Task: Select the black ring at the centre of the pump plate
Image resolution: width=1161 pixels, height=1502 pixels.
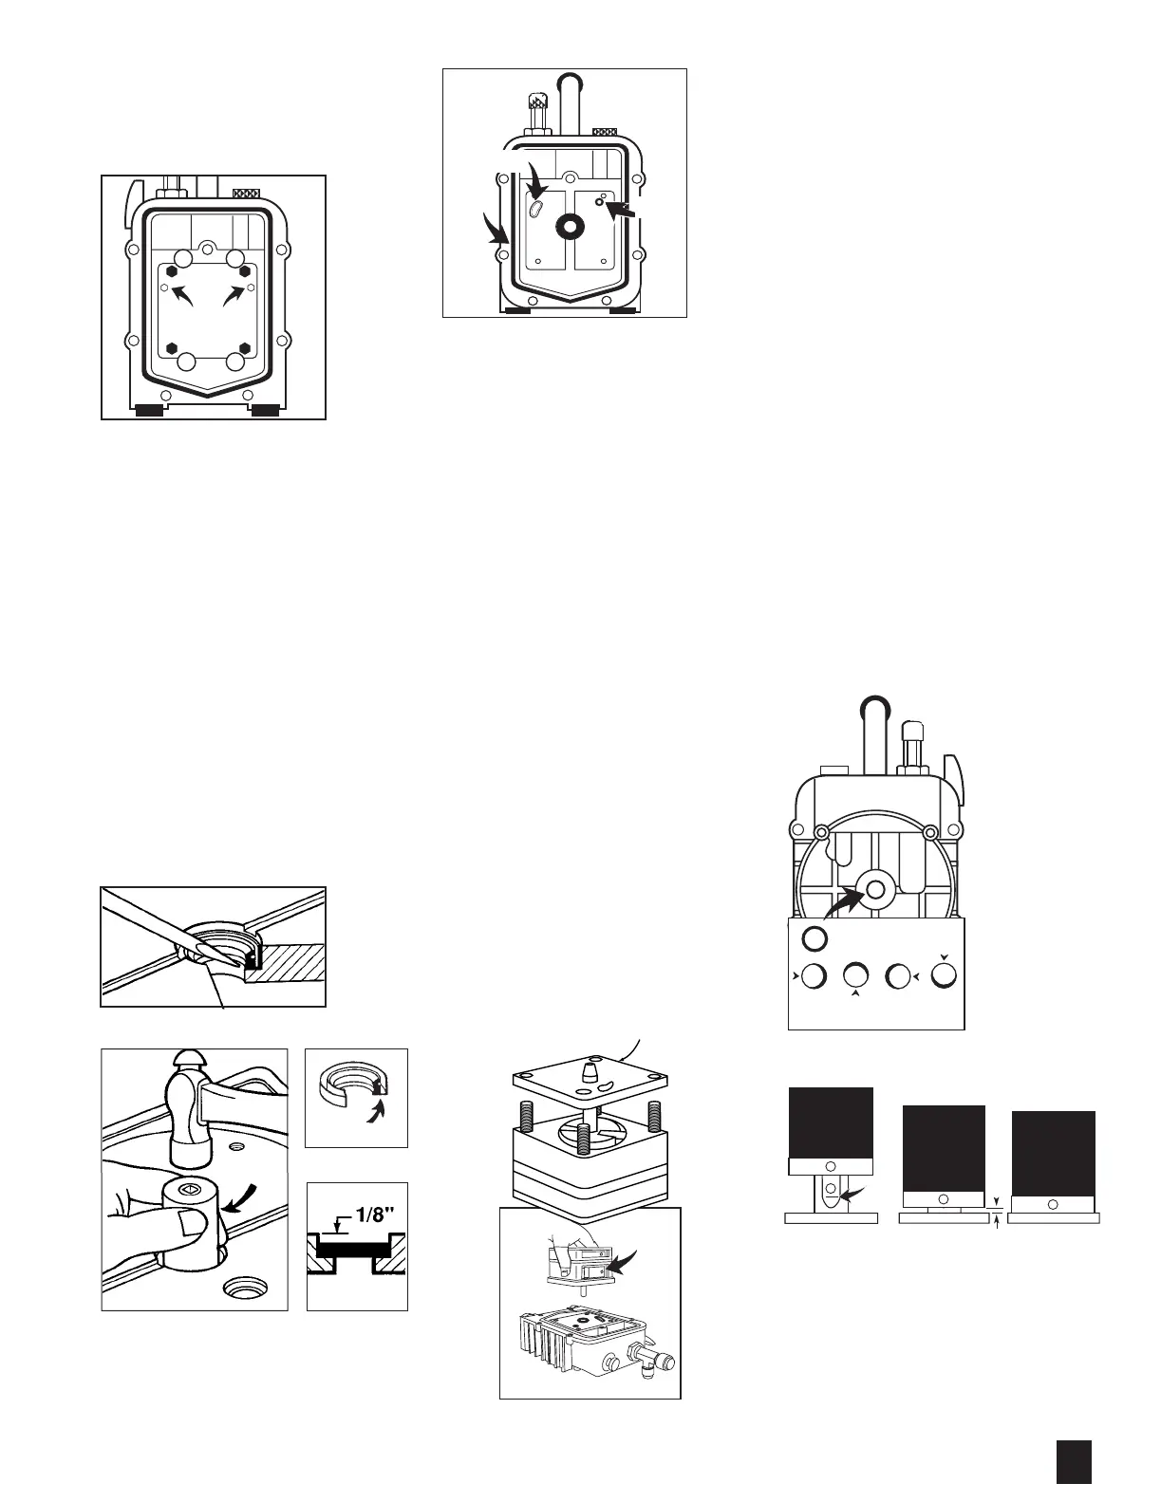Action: [571, 225]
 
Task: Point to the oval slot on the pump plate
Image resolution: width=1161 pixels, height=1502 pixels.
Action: [537, 207]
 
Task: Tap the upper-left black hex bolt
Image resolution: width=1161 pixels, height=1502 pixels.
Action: [173, 269]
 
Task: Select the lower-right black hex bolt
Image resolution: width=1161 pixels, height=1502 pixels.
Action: [245, 348]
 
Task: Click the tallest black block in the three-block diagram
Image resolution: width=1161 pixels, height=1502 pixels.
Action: [831, 1123]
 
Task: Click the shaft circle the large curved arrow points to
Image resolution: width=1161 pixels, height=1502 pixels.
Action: [872, 889]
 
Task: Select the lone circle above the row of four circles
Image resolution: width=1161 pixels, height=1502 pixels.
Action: [814, 938]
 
